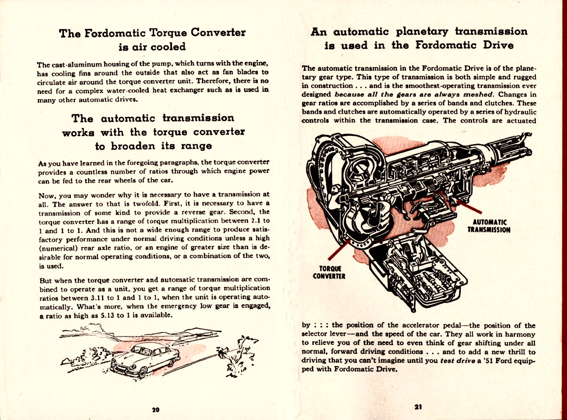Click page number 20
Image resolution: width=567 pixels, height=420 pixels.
pos(156,409)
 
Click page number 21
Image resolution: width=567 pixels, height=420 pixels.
pos(418,407)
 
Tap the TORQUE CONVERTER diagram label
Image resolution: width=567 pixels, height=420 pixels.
pos(329,272)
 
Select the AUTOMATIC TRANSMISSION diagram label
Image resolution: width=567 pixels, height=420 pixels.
pos(489,226)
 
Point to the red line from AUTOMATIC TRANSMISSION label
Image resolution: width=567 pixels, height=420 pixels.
pos(469,207)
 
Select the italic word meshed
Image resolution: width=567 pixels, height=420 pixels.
pos(478,94)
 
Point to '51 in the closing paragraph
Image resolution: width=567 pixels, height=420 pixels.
pos(486,361)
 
